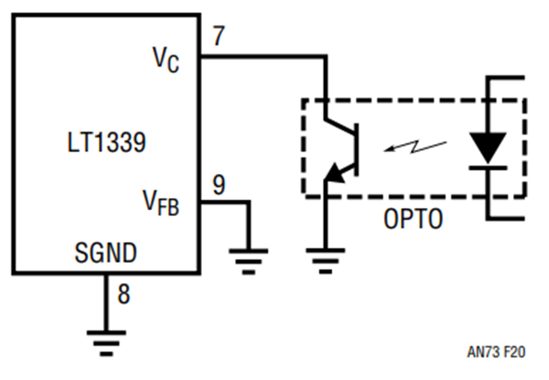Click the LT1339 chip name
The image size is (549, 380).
(x=106, y=142)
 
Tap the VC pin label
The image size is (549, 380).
(x=165, y=60)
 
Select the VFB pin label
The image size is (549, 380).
(x=160, y=203)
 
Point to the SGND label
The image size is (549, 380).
(x=106, y=253)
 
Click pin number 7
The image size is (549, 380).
(x=219, y=36)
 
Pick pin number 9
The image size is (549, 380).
(x=219, y=185)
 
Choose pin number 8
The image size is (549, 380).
(x=124, y=293)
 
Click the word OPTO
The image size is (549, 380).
(x=413, y=219)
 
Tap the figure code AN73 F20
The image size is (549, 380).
(x=496, y=352)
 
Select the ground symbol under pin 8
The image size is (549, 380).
(x=106, y=343)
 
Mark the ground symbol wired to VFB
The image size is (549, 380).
(x=249, y=261)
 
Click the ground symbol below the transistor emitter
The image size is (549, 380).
(x=326, y=261)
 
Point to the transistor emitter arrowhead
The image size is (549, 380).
(x=334, y=173)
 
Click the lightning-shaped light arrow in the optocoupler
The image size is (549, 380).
(x=415, y=147)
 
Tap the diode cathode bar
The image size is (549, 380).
(x=488, y=168)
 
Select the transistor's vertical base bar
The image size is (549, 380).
(x=356, y=149)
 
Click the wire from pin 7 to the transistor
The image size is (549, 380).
(x=264, y=56)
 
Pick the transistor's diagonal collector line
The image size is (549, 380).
(x=340, y=127)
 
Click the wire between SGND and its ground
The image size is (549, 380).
(x=106, y=303)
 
